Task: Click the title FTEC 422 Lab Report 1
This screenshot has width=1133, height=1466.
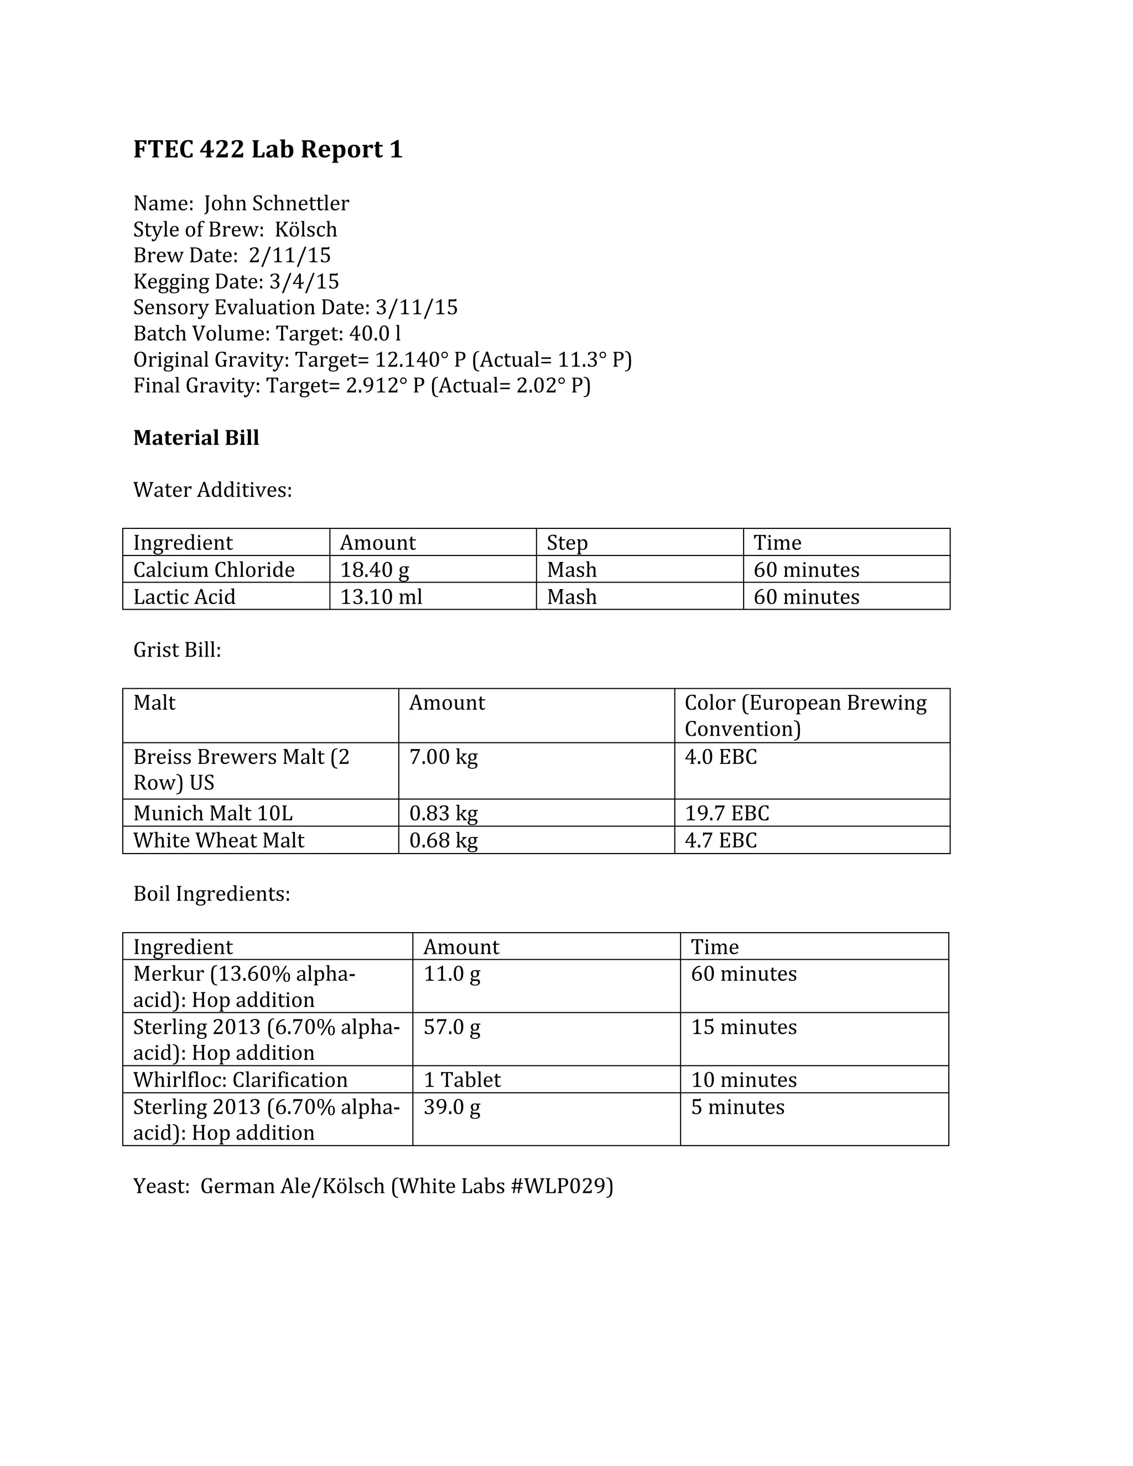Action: point(268,149)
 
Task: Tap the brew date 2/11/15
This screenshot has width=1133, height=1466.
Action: point(289,255)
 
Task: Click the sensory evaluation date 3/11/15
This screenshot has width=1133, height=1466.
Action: point(416,308)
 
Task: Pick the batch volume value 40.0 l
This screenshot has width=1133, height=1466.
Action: point(375,334)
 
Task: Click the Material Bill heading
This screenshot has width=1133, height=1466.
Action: point(196,438)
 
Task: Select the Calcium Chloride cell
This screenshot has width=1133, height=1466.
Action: point(214,570)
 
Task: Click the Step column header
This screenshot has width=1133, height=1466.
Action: point(566,542)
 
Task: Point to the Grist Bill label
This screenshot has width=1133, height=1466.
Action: point(177,650)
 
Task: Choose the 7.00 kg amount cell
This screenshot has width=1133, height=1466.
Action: point(443,757)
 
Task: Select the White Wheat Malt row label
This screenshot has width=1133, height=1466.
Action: point(219,840)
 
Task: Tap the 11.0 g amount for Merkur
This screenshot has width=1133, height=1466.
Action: point(452,974)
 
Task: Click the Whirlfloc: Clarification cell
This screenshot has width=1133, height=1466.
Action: point(240,1080)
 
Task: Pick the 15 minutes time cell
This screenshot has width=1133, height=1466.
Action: point(744,1027)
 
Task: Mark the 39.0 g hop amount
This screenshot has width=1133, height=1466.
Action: point(452,1107)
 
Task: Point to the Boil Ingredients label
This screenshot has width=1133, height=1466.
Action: point(211,894)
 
